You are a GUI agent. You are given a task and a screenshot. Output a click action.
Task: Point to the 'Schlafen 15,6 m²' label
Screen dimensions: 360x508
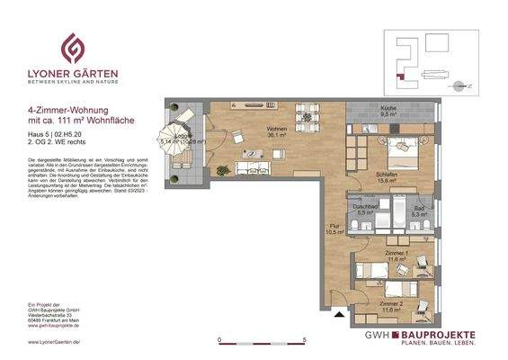[x=387, y=178]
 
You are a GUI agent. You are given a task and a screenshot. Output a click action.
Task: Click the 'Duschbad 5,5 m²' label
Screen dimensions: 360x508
[x=365, y=210]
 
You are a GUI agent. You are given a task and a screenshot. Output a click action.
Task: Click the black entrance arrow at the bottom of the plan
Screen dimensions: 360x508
[x=337, y=316]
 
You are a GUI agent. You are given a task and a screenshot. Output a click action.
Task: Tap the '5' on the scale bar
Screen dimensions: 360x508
[x=305, y=340]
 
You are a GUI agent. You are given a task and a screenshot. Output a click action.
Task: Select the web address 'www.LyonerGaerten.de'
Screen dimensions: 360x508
[x=49, y=343]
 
